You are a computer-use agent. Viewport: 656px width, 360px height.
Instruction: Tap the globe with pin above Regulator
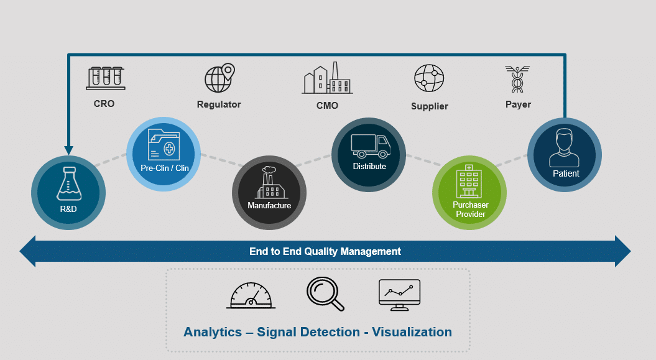pyautogui.click(x=219, y=78)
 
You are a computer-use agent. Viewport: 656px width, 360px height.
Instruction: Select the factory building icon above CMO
pyautogui.click(x=327, y=78)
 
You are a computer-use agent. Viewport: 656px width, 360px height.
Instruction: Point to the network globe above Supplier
pyautogui.click(x=429, y=79)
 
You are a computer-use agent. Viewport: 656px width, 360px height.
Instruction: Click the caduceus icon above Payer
pyautogui.click(x=517, y=79)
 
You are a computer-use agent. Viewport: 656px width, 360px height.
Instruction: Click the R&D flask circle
pyautogui.click(x=68, y=193)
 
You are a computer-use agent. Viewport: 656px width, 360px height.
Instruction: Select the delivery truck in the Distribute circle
pyautogui.click(x=370, y=145)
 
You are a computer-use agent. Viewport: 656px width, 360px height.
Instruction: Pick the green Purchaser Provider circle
pyautogui.click(x=470, y=192)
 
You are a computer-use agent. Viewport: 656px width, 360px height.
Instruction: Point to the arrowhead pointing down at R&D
pyautogui.click(x=68, y=150)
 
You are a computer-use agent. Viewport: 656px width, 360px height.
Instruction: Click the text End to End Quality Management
pyautogui.click(x=325, y=252)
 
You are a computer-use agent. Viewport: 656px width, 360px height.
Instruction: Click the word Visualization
pyautogui.click(x=407, y=332)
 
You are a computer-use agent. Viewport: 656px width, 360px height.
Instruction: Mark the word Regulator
pyautogui.click(x=219, y=104)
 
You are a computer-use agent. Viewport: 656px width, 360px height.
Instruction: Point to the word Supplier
pyautogui.click(x=429, y=106)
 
